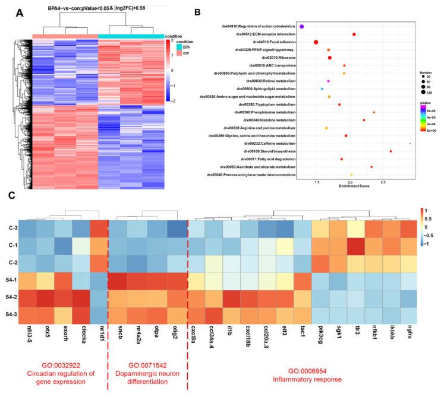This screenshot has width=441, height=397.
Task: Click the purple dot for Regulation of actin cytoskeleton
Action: point(302,27)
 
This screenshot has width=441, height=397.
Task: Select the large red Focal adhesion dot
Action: point(316,42)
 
